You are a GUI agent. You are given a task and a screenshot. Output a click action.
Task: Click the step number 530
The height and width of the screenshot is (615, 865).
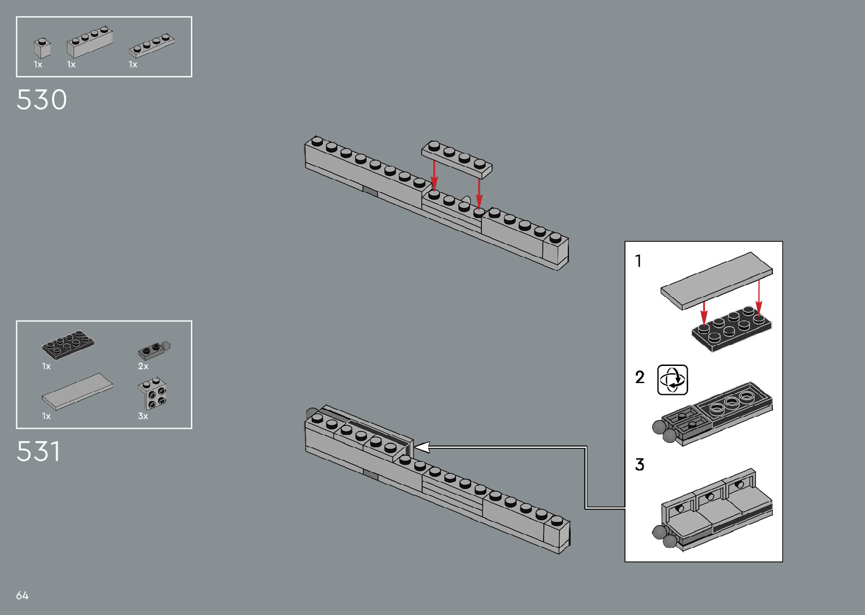click(x=42, y=100)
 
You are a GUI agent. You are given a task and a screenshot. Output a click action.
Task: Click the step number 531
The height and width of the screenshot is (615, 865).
click(x=38, y=452)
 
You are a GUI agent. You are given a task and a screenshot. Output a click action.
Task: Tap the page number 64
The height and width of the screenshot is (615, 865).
click(x=22, y=595)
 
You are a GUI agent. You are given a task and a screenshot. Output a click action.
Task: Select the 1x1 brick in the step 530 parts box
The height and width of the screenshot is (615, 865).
click(x=42, y=47)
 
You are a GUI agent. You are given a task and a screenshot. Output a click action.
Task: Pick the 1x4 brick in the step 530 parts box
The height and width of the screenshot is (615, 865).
click(x=89, y=42)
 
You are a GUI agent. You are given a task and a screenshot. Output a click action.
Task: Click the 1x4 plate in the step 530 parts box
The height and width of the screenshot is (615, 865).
click(x=151, y=45)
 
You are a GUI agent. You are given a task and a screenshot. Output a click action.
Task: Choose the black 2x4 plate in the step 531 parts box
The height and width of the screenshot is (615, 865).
click(x=68, y=344)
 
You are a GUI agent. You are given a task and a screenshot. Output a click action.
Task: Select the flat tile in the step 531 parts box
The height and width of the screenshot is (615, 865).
click(x=77, y=390)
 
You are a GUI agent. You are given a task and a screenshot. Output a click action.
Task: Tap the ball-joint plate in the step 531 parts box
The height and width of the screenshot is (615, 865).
click(x=153, y=350)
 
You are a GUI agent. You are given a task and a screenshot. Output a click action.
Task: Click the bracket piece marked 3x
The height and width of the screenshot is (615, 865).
click(x=153, y=393)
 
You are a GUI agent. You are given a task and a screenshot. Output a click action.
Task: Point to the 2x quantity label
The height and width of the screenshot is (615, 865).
click(x=143, y=367)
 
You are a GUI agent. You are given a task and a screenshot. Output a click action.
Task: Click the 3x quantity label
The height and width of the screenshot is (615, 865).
click(x=143, y=416)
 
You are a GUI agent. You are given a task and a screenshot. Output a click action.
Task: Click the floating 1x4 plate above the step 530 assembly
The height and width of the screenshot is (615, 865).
click(x=457, y=159)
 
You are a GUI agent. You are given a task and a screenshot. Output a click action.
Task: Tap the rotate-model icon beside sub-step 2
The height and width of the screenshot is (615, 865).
click(x=672, y=380)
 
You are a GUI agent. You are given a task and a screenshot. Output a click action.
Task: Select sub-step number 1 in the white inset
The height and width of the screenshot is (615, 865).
click(x=638, y=261)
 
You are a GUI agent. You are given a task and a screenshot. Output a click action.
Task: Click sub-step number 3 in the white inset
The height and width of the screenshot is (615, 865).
click(x=640, y=464)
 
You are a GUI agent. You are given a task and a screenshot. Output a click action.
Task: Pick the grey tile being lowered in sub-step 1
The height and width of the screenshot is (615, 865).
click(x=716, y=280)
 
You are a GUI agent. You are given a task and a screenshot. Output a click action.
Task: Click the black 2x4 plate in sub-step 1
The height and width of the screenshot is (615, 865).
click(x=731, y=330)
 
